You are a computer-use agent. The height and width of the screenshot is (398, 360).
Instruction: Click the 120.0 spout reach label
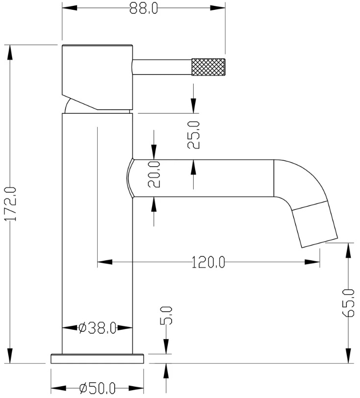pos(208,263)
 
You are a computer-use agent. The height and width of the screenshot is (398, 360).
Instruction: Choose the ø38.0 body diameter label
pos(97,327)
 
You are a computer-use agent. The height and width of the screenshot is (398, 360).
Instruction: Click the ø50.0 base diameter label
pos(97,389)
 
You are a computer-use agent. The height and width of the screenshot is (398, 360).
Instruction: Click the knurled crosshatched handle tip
pos(208,67)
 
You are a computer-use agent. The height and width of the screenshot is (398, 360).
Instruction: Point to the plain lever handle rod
pos(162,67)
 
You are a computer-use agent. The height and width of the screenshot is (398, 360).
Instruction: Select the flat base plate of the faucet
pos(98,358)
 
